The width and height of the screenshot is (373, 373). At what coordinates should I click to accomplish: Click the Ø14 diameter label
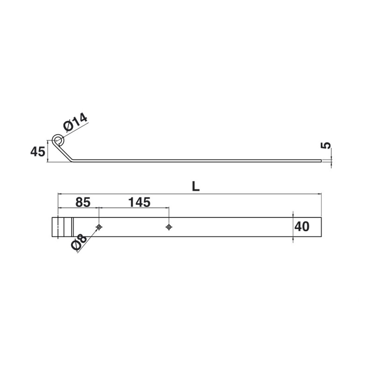(75, 123)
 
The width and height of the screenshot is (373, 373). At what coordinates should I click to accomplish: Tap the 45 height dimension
(38, 152)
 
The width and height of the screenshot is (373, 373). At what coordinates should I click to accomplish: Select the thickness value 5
(326, 145)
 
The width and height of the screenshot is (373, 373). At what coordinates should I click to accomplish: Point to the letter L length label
(195, 187)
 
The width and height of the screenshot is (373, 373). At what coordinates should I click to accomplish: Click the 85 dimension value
(83, 202)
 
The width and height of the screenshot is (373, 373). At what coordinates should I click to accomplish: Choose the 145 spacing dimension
(139, 202)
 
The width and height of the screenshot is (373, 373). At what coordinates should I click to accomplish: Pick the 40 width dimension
(302, 227)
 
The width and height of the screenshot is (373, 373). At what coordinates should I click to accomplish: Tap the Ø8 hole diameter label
(78, 242)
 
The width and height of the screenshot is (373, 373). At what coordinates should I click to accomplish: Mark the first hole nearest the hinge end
(99, 227)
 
